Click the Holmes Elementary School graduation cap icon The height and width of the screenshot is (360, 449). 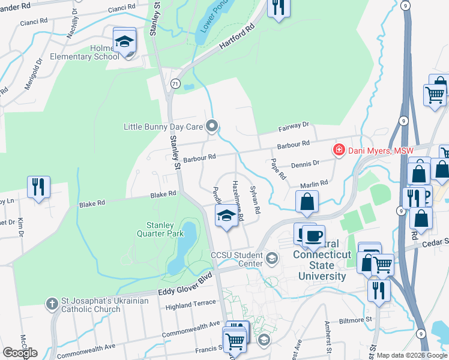pyautogui.click(x=125, y=41)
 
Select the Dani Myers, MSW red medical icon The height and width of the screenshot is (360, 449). pyautogui.click(x=339, y=149)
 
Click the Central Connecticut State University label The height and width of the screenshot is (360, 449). pyautogui.click(x=322, y=265)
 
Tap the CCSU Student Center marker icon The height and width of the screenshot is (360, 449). pyautogui.click(x=272, y=259)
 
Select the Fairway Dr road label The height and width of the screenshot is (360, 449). pyautogui.click(x=294, y=127)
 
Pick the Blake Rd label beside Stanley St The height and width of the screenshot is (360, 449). pyautogui.click(x=163, y=194)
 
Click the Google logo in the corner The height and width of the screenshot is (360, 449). pyautogui.click(x=20, y=352)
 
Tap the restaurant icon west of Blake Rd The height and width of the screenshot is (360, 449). pyautogui.click(x=39, y=187)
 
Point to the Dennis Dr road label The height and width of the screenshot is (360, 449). pyautogui.click(x=304, y=164)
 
